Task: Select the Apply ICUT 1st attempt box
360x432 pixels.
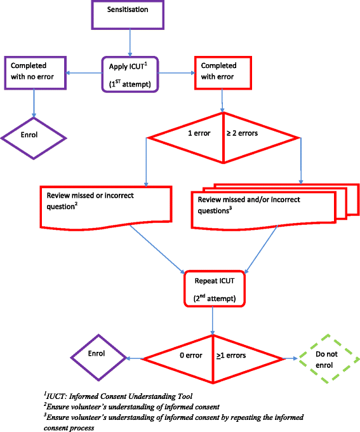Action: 130,74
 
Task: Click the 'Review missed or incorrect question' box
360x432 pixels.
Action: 105,202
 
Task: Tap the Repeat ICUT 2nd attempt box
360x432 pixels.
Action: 211,288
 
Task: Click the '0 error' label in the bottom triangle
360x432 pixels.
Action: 190,356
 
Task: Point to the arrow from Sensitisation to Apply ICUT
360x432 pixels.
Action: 130,42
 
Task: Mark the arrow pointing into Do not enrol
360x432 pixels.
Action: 290,359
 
